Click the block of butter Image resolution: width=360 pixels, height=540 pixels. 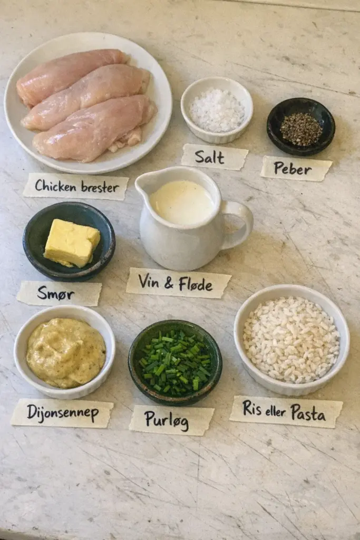72,243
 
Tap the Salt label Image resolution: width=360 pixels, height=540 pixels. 215,157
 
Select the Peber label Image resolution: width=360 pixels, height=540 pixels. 296,169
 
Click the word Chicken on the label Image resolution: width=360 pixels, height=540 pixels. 55,186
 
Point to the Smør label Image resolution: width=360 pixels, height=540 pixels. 59,293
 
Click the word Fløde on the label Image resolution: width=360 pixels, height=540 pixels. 195,284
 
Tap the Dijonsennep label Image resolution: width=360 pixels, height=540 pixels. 62,413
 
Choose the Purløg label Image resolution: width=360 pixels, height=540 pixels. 171,420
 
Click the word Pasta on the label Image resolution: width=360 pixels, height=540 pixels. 308,412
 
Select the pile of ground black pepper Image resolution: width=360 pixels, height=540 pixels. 301,129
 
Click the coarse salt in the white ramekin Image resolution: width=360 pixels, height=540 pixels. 217,110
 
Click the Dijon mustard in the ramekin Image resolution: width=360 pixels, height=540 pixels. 66,353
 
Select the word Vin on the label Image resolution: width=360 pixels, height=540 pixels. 148,282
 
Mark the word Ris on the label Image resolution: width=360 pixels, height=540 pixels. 252,409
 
